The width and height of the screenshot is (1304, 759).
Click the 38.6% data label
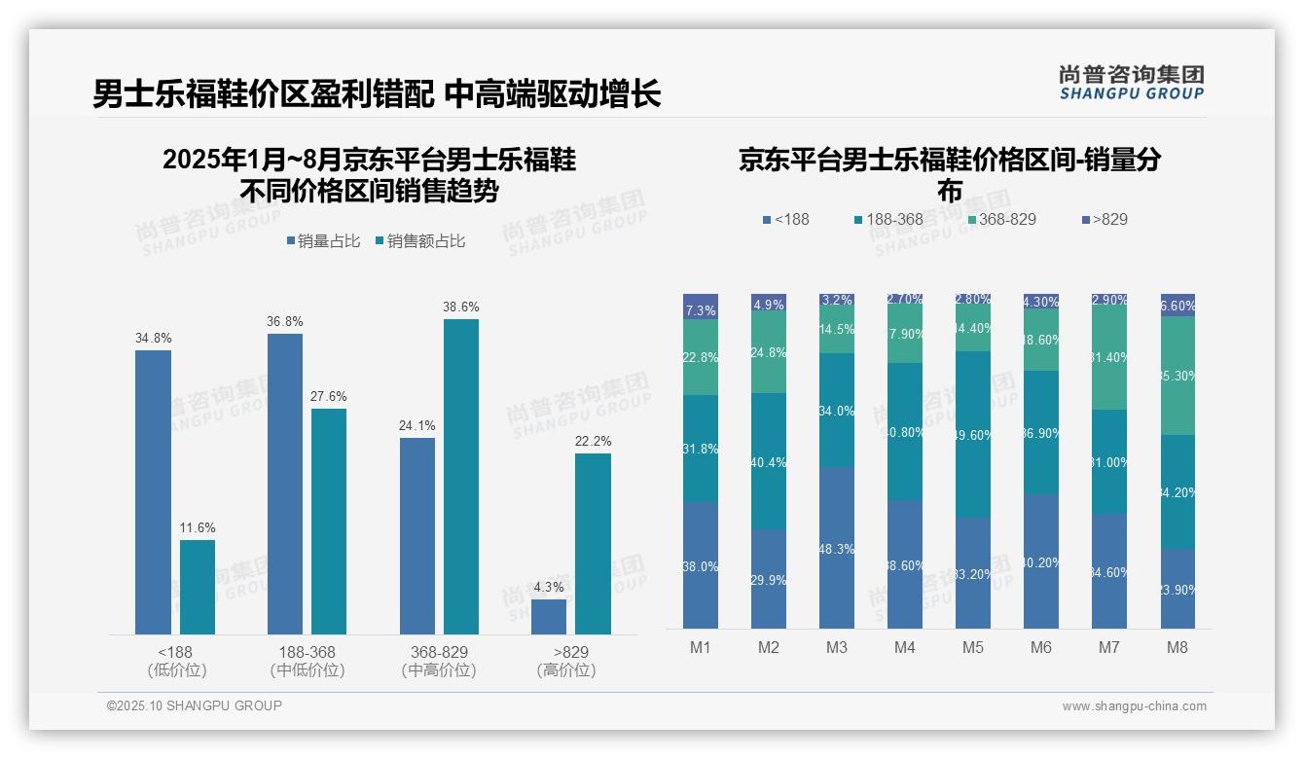coord(461,307)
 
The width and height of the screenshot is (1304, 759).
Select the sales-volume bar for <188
coord(153,491)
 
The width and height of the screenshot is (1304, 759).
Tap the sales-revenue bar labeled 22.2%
coord(593,543)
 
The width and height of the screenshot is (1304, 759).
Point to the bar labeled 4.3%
coord(549,617)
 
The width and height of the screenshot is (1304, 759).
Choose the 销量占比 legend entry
coord(325,241)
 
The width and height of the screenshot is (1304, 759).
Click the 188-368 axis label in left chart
coord(307,652)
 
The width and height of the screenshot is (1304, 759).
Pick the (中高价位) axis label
coord(439,670)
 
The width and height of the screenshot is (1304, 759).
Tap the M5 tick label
coord(972,648)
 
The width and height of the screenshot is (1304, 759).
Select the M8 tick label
coord(1177,648)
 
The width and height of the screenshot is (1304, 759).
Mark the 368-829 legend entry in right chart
coord(1001,219)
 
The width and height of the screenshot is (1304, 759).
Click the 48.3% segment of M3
coord(837,548)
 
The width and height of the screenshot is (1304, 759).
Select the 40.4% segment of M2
coord(769,461)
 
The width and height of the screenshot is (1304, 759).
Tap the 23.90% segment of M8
coord(1177,588)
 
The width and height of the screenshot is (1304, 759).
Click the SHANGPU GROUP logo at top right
coord(1132,83)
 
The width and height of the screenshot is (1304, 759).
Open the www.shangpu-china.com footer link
coord(1134,706)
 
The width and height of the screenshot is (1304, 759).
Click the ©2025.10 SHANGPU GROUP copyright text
coord(195,705)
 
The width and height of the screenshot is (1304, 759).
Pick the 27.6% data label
coord(329,396)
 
